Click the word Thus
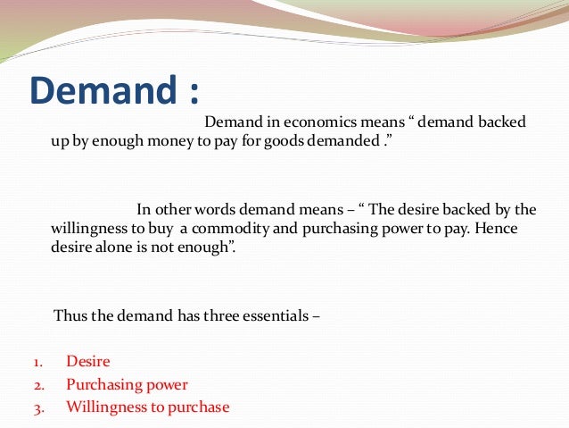click(x=70, y=315)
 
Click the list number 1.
click(x=38, y=363)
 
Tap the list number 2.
click(x=38, y=386)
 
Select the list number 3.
click(x=38, y=408)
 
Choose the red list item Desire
click(x=88, y=362)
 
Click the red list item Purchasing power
click(x=127, y=385)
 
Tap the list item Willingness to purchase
click(x=147, y=407)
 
